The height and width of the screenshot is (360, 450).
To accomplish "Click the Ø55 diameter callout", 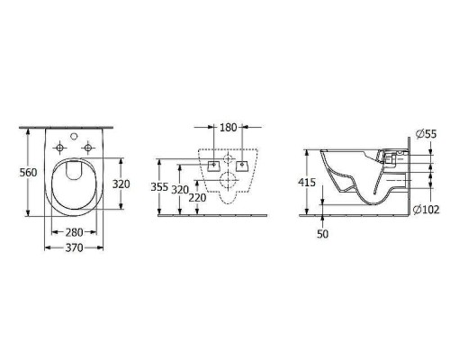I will point(428,133).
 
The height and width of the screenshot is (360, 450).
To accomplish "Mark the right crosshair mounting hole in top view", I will point(87,147).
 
